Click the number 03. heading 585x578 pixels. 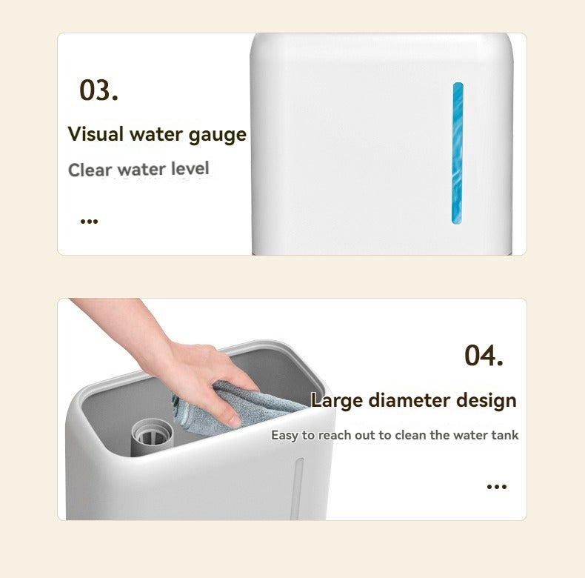(98, 90)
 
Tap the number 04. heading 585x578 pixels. (484, 355)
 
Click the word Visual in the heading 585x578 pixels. (96, 134)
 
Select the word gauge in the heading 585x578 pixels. (217, 136)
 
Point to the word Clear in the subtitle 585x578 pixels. (90, 170)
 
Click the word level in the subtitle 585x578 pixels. (190, 168)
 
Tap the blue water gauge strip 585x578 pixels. (458, 153)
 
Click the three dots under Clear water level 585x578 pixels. (89, 220)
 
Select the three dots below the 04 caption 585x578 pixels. (496, 486)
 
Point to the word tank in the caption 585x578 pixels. (505, 435)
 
